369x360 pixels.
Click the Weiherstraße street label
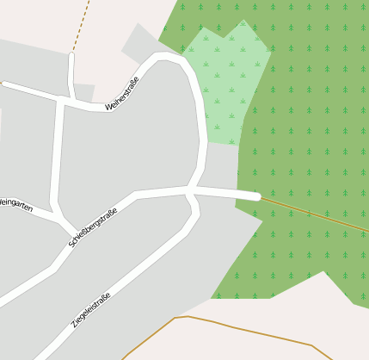coord(122,93)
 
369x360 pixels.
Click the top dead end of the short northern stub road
coord(71,57)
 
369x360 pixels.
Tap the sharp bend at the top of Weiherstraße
coord(164,58)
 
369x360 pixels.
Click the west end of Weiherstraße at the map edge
coord(3,84)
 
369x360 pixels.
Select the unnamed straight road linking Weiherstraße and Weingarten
coord(58,155)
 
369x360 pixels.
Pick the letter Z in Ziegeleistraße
coord(74,328)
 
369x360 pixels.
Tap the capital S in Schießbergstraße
coord(71,244)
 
